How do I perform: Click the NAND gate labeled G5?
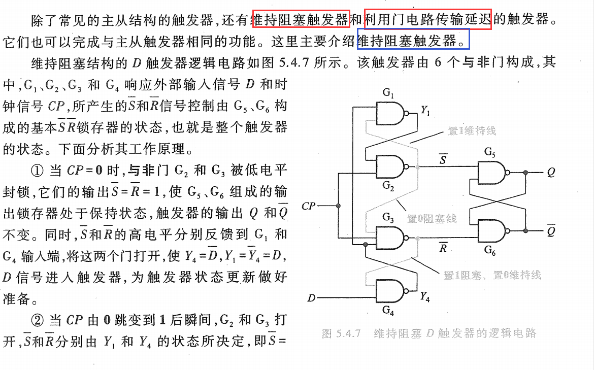coord(491,173)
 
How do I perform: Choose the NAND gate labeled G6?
coord(491,231)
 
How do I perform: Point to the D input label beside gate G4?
coord(311,298)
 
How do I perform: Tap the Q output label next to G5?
coord(551,173)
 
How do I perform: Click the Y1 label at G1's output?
coord(425,110)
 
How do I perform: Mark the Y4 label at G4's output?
coord(425,298)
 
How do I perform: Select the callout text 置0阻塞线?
coord(432,219)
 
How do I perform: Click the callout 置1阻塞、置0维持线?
coord(492,276)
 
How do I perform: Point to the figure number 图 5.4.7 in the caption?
coord(341,334)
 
